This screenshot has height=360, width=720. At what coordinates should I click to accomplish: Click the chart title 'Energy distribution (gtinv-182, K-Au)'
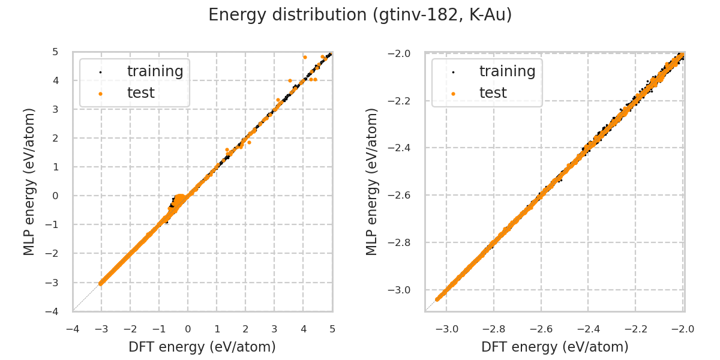[360, 15]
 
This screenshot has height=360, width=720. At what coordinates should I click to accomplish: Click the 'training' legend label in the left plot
[155, 71]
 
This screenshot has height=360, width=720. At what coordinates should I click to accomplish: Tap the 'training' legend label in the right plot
[507, 71]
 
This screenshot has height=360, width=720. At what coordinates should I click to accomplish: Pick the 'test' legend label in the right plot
[493, 93]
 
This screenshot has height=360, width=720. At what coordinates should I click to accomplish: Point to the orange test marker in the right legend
[453, 94]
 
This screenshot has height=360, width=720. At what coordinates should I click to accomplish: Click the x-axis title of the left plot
[202, 347]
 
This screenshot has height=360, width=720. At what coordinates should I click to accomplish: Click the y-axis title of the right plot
[372, 181]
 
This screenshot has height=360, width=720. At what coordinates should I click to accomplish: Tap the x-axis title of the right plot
[554, 347]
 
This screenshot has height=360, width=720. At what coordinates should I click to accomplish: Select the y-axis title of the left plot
[29, 181]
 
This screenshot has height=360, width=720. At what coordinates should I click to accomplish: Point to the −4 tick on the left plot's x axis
[73, 329]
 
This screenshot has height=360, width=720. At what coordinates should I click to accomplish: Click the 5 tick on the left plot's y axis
[55, 52]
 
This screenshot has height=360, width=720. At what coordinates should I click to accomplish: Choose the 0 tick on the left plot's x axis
[188, 329]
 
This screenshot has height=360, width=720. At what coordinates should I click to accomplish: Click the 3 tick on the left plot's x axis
[274, 329]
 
